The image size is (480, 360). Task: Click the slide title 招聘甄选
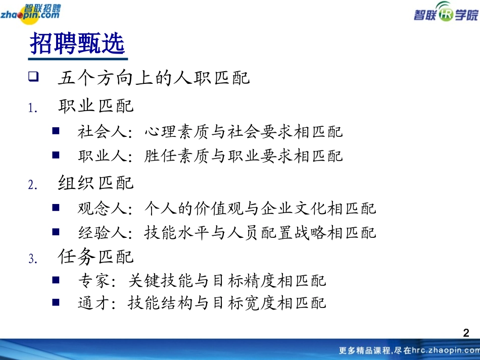[x=77, y=44]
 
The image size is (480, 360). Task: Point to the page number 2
[x=466, y=333]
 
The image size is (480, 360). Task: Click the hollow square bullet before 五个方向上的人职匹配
[x=34, y=78]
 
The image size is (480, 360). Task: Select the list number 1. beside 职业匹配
[x=33, y=109]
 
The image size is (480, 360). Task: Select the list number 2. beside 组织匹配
[x=33, y=185]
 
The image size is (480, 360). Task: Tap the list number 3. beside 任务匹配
[x=33, y=260]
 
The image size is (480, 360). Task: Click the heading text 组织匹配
[x=96, y=183]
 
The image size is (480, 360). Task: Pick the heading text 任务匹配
[x=96, y=257]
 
